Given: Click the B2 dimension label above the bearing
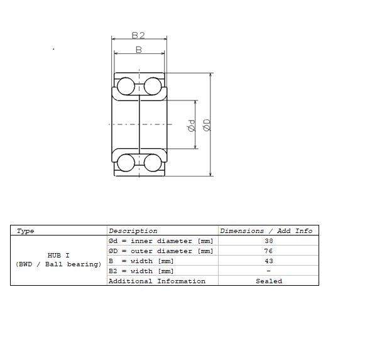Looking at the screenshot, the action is [139, 35].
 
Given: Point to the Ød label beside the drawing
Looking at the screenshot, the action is [191, 126].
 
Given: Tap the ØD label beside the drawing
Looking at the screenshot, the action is [206, 125].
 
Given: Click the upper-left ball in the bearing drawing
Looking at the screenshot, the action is [126, 85].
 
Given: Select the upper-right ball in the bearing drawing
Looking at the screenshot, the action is [153, 85].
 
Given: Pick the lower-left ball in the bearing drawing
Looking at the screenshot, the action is [126, 163].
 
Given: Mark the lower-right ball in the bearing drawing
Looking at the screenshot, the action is [153, 163].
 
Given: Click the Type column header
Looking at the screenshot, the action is [26, 231].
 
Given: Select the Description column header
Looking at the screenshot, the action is [133, 231].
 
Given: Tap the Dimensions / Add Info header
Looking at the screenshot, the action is [266, 231].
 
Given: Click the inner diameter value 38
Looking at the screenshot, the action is [268, 241].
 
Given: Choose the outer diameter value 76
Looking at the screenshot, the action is [268, 251].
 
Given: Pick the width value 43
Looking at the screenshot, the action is [268, 261].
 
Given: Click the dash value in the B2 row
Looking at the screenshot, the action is [268, 271].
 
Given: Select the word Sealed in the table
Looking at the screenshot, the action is [268, 281].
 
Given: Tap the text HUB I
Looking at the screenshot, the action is [58, 256].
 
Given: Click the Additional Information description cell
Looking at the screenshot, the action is [157, 281].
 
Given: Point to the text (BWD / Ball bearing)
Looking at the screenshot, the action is [58, 264].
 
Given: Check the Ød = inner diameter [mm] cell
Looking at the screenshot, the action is [161, 241].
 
